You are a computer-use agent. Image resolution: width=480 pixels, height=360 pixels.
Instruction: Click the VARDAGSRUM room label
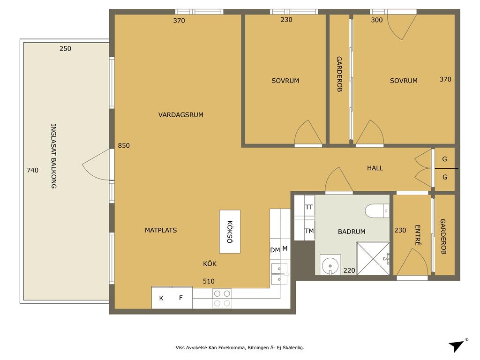coord(180,115)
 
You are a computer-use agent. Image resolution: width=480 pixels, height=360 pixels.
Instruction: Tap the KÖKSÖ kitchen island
coord(230,232)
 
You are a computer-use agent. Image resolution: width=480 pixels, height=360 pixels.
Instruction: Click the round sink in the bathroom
coord(330,264)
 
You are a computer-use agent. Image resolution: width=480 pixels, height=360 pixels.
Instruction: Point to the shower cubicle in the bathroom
coord(373,258)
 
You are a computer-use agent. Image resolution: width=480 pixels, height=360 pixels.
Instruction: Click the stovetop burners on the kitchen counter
coord(222,299)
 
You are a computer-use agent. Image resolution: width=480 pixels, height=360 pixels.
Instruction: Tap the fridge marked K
coord(162,298)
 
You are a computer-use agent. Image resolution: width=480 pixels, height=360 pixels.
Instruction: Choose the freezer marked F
coord(182,298)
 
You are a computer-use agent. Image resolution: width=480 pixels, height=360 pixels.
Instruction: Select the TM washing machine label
coord(309,231)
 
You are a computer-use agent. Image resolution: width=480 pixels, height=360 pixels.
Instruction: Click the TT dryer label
coord(309,207)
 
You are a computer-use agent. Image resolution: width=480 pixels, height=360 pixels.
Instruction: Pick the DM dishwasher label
coord(275,250)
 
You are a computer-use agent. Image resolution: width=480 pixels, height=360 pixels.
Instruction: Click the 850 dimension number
coord(124,146)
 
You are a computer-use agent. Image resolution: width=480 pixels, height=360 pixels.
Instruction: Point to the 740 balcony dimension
coord(32,170)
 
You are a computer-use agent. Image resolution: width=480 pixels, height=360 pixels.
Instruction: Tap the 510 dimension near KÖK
coord(209,281)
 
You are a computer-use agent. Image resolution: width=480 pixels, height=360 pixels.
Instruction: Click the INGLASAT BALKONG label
coord(53,156)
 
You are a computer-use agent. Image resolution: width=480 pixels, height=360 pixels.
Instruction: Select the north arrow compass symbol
coord(457,345)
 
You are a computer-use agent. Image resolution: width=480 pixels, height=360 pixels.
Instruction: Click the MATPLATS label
coord(161,230)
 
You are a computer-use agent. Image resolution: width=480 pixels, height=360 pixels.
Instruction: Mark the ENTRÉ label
coord(418,235)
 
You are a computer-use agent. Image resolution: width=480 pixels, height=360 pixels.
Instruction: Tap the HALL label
coord(375,168)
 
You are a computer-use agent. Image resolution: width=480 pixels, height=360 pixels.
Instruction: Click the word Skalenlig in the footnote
coord(293,348)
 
